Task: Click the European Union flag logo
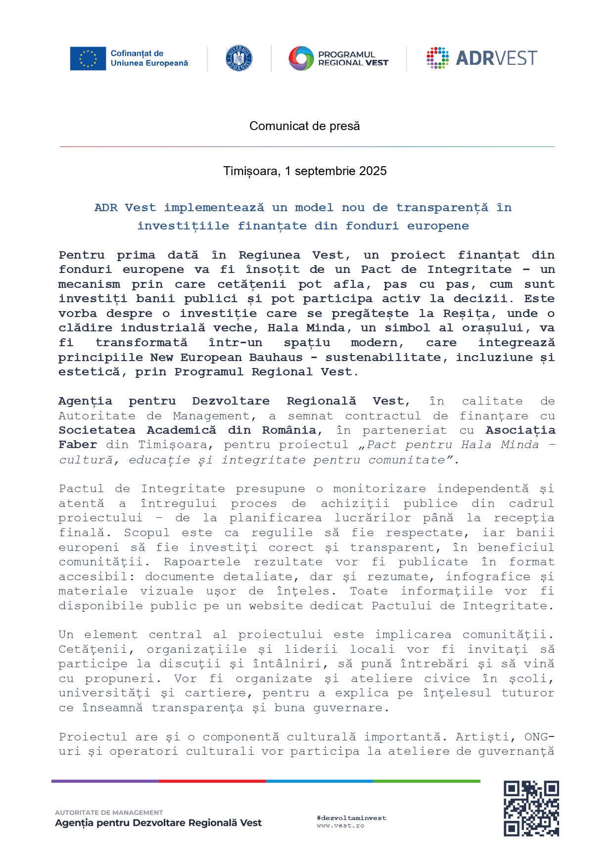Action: [x=88, y=58]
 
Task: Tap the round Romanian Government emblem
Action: [x=238, y=58]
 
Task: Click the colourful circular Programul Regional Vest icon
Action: [x=301, y=58]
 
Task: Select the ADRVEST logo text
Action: [x=496, y=58]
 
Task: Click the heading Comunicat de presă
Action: [x=304, y=126]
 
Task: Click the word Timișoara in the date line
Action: [x=251, y=171]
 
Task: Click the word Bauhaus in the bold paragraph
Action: [x=276, y=358]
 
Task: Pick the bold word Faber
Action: [x=78, y=445]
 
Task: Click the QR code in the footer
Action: [x=531, y=809]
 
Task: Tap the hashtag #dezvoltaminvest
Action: [x=351, y=818]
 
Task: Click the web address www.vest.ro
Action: [x=340, y=825]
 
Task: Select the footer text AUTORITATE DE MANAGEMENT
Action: [x=109, y=813]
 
